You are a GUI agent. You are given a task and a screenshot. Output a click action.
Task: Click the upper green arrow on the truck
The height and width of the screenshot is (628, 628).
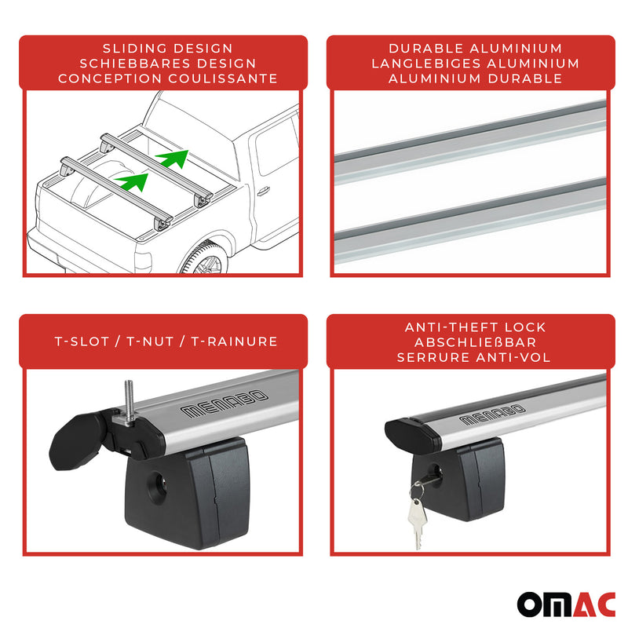point(174,159)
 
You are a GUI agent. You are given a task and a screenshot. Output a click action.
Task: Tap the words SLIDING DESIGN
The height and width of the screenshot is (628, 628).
point(167,49)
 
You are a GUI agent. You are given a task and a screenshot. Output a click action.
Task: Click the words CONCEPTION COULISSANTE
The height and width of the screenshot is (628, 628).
point(167,78)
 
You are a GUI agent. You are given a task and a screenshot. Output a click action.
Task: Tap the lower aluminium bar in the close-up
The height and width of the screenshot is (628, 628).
point(471,222)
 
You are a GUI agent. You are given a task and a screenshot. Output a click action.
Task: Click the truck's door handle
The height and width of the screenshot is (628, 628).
point(263,190)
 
